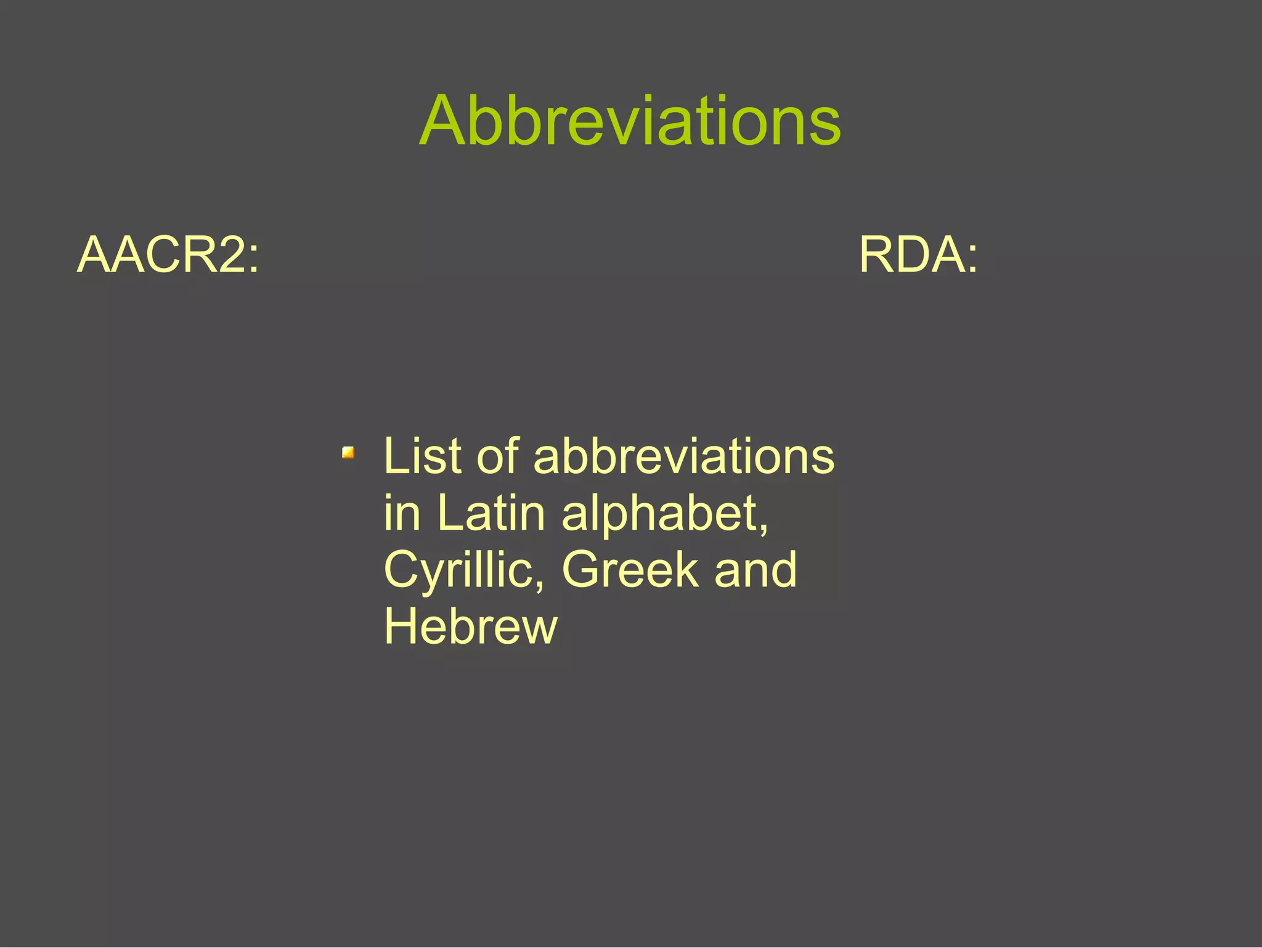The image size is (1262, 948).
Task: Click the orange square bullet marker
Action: coord(348,453)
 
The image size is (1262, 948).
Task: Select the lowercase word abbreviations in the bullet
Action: coord(683,456)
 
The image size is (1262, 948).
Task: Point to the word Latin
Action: coord(491,513)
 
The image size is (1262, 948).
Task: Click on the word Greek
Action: coord(630,570)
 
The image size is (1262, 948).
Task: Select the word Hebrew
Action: coord(471,626)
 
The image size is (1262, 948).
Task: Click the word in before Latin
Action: coord(402,513)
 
